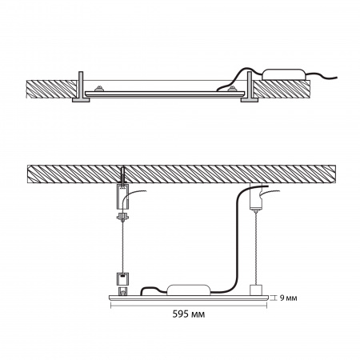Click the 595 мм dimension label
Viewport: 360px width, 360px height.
pos(189,314)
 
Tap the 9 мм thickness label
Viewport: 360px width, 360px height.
pos(288,298)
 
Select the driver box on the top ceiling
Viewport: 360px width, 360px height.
pos(283,74)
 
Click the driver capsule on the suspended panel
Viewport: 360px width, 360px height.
pos(188,290)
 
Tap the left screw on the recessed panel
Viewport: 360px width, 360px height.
pos(99,88)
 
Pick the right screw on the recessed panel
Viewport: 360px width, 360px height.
pos(232,88)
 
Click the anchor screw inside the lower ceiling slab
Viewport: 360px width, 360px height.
pos(122,176)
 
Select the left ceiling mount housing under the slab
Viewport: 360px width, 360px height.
pos(122,197)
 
